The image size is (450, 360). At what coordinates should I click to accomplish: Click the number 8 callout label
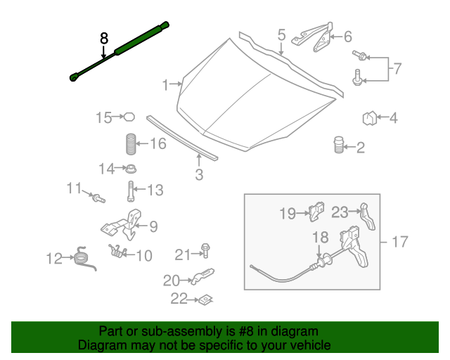tap(104, 39)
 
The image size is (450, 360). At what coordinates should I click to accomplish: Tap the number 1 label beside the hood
tap(167, 86)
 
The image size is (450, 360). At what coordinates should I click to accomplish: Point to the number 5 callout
tap(281, 34)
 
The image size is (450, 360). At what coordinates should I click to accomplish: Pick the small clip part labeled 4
tap(371, 118)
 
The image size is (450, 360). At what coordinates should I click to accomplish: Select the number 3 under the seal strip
tap(199, 174)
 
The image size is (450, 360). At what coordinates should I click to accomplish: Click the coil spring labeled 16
tap(130, 144)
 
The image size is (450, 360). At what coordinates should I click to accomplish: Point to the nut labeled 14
tap(130, 169)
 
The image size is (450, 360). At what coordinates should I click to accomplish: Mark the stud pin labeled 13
tap(131, 190)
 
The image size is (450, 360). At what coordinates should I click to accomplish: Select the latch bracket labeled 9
tap(125, 224)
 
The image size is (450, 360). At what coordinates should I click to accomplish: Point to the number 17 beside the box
tap(399, 243)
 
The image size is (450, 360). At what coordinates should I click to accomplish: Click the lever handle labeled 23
tap(368, 217)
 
